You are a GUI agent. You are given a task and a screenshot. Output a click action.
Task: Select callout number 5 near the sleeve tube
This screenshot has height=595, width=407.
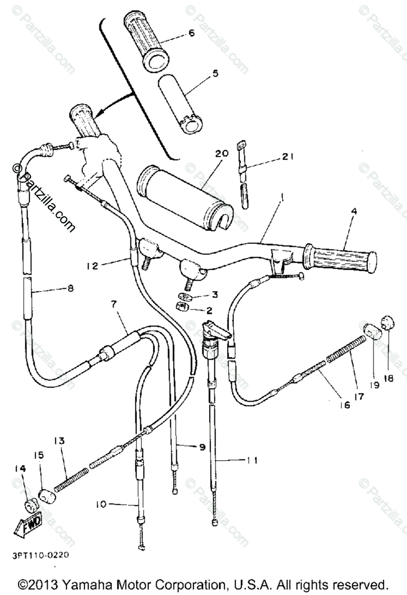coord(215,73)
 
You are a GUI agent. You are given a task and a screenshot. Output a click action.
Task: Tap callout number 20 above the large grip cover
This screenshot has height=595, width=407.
coord(222,154)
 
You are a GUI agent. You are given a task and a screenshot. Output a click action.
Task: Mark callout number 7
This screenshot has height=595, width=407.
coord(115,304)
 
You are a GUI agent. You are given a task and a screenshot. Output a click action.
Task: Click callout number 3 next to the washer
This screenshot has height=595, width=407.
coord(215,295)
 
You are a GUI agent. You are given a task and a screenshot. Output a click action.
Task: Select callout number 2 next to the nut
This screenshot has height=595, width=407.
coord(209,311)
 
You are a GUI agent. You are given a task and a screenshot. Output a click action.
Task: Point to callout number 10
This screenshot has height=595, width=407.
coord(102,505)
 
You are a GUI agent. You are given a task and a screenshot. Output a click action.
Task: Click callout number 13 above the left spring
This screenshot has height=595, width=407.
coord(59,441)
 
